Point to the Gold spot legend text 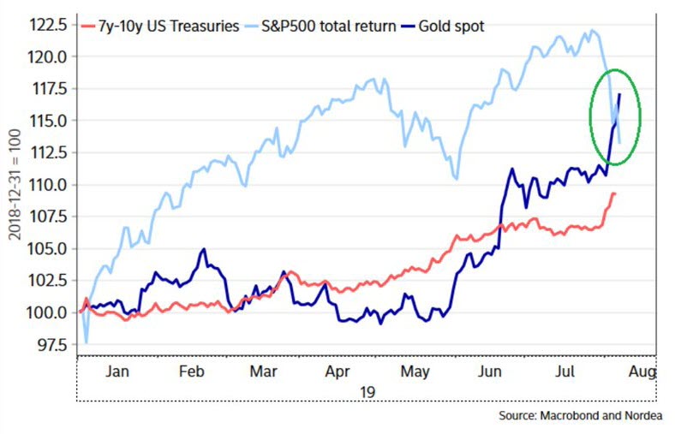click(x=452, y=26)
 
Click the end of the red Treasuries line click(x=614, y=193)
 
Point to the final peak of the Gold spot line click(x=618, y=94)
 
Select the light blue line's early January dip click(x=86, y=342)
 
